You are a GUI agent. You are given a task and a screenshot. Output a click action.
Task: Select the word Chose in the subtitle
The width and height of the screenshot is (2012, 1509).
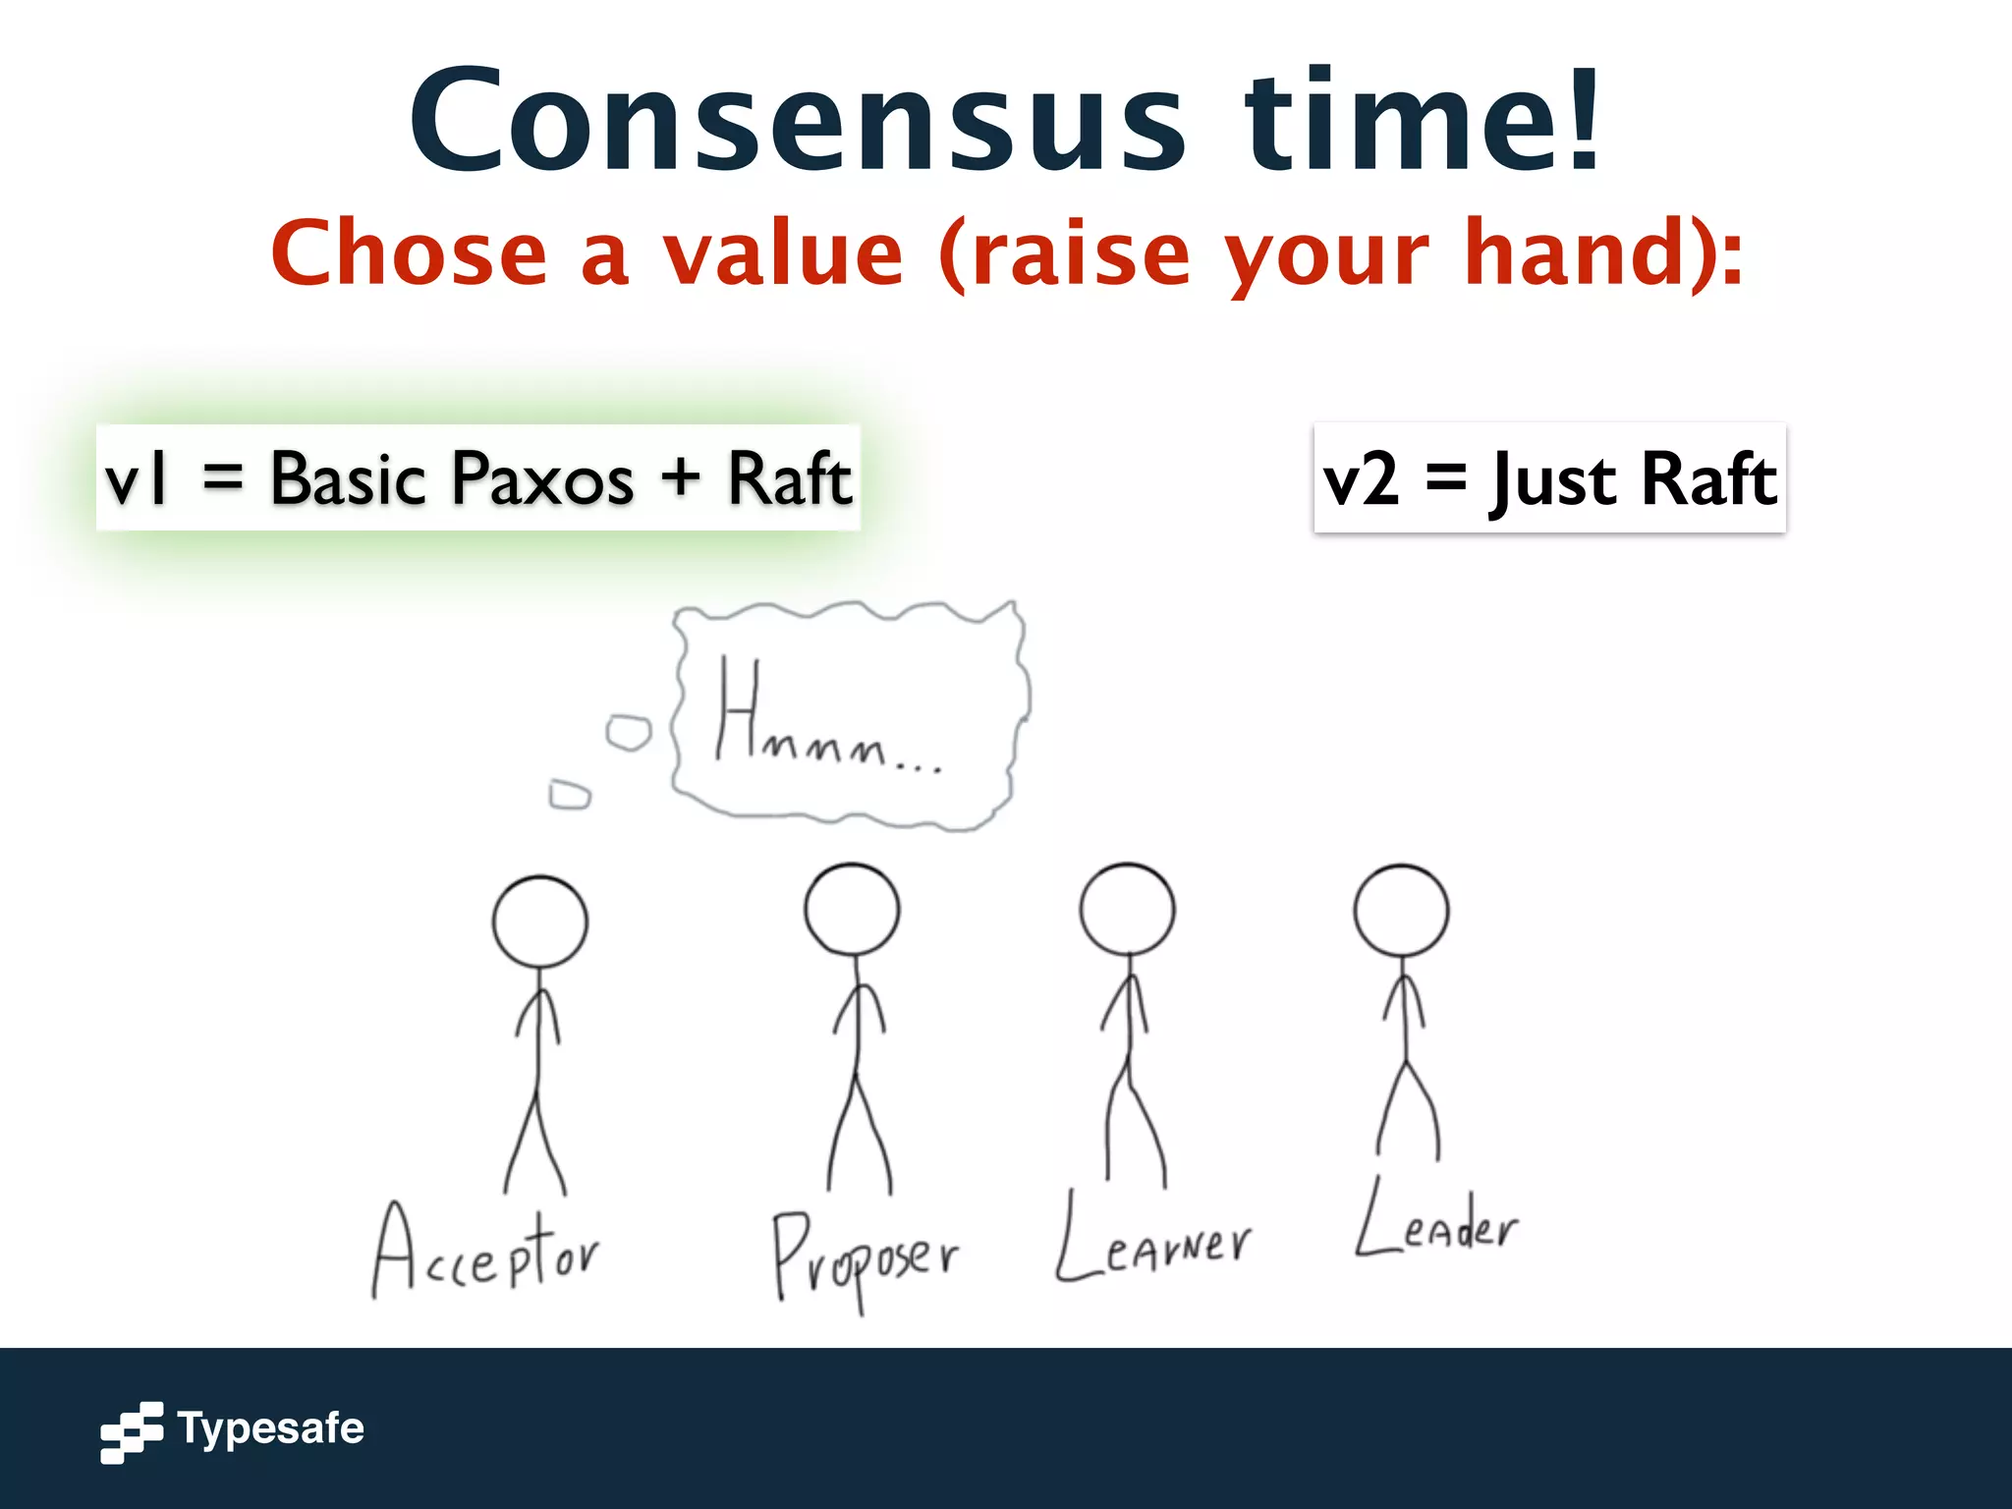[x=409, y=253]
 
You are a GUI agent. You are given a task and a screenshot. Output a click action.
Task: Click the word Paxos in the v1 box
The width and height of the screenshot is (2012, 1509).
[x=543, y=479]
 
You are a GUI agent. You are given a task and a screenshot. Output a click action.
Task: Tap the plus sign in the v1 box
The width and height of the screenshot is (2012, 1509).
[x=680, y=479]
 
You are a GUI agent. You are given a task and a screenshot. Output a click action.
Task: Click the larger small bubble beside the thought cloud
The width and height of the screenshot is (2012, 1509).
[x=629, y=733]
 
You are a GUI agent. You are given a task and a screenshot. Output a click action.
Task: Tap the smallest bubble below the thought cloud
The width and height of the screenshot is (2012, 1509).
[x=569, y=794]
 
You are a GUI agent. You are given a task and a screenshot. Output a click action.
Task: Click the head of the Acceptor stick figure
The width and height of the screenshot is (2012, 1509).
[x=539, y=922]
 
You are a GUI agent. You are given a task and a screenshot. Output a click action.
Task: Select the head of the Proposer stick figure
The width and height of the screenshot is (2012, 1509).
[x=852, y=909]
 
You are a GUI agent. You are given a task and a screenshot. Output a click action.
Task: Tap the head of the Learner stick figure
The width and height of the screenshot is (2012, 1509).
[x=1127, y=909]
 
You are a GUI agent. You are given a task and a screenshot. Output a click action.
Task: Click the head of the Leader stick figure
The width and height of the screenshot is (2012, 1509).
[x=1401, y=910]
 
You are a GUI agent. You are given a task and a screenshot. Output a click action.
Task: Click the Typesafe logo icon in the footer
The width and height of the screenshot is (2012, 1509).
[x=132, y=1431]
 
